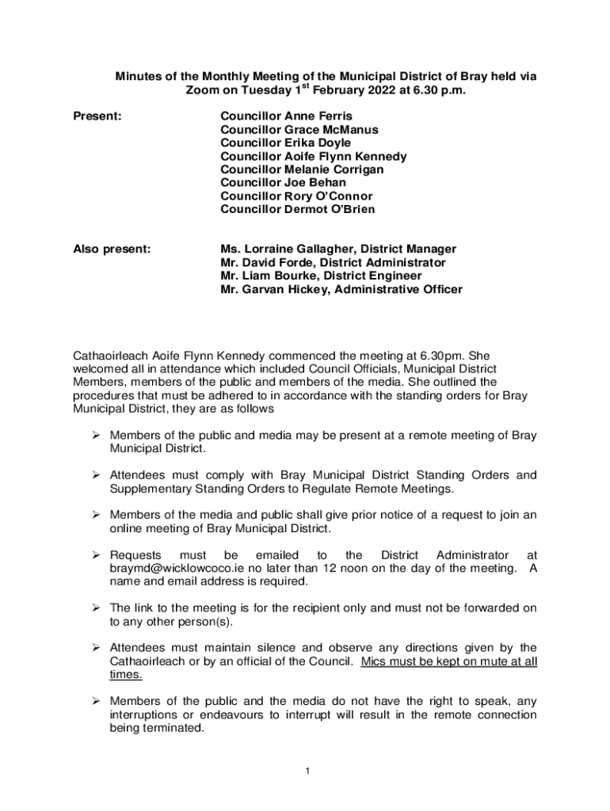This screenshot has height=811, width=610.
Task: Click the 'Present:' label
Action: click(97, 116)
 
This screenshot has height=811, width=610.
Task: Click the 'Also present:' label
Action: click(112, 249)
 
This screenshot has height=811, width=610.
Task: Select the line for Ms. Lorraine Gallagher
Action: click(338, 249)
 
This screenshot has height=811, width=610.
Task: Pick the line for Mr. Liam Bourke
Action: click(321, 276)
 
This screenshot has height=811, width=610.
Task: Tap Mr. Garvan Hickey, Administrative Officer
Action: click(341, 290)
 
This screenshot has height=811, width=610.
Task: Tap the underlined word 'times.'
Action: click(126, 675)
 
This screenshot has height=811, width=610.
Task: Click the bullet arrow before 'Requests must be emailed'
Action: click(95, 555)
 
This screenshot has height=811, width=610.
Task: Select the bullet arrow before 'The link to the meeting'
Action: click(95, 608)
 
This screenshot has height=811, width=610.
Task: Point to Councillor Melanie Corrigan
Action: click(302, 169)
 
